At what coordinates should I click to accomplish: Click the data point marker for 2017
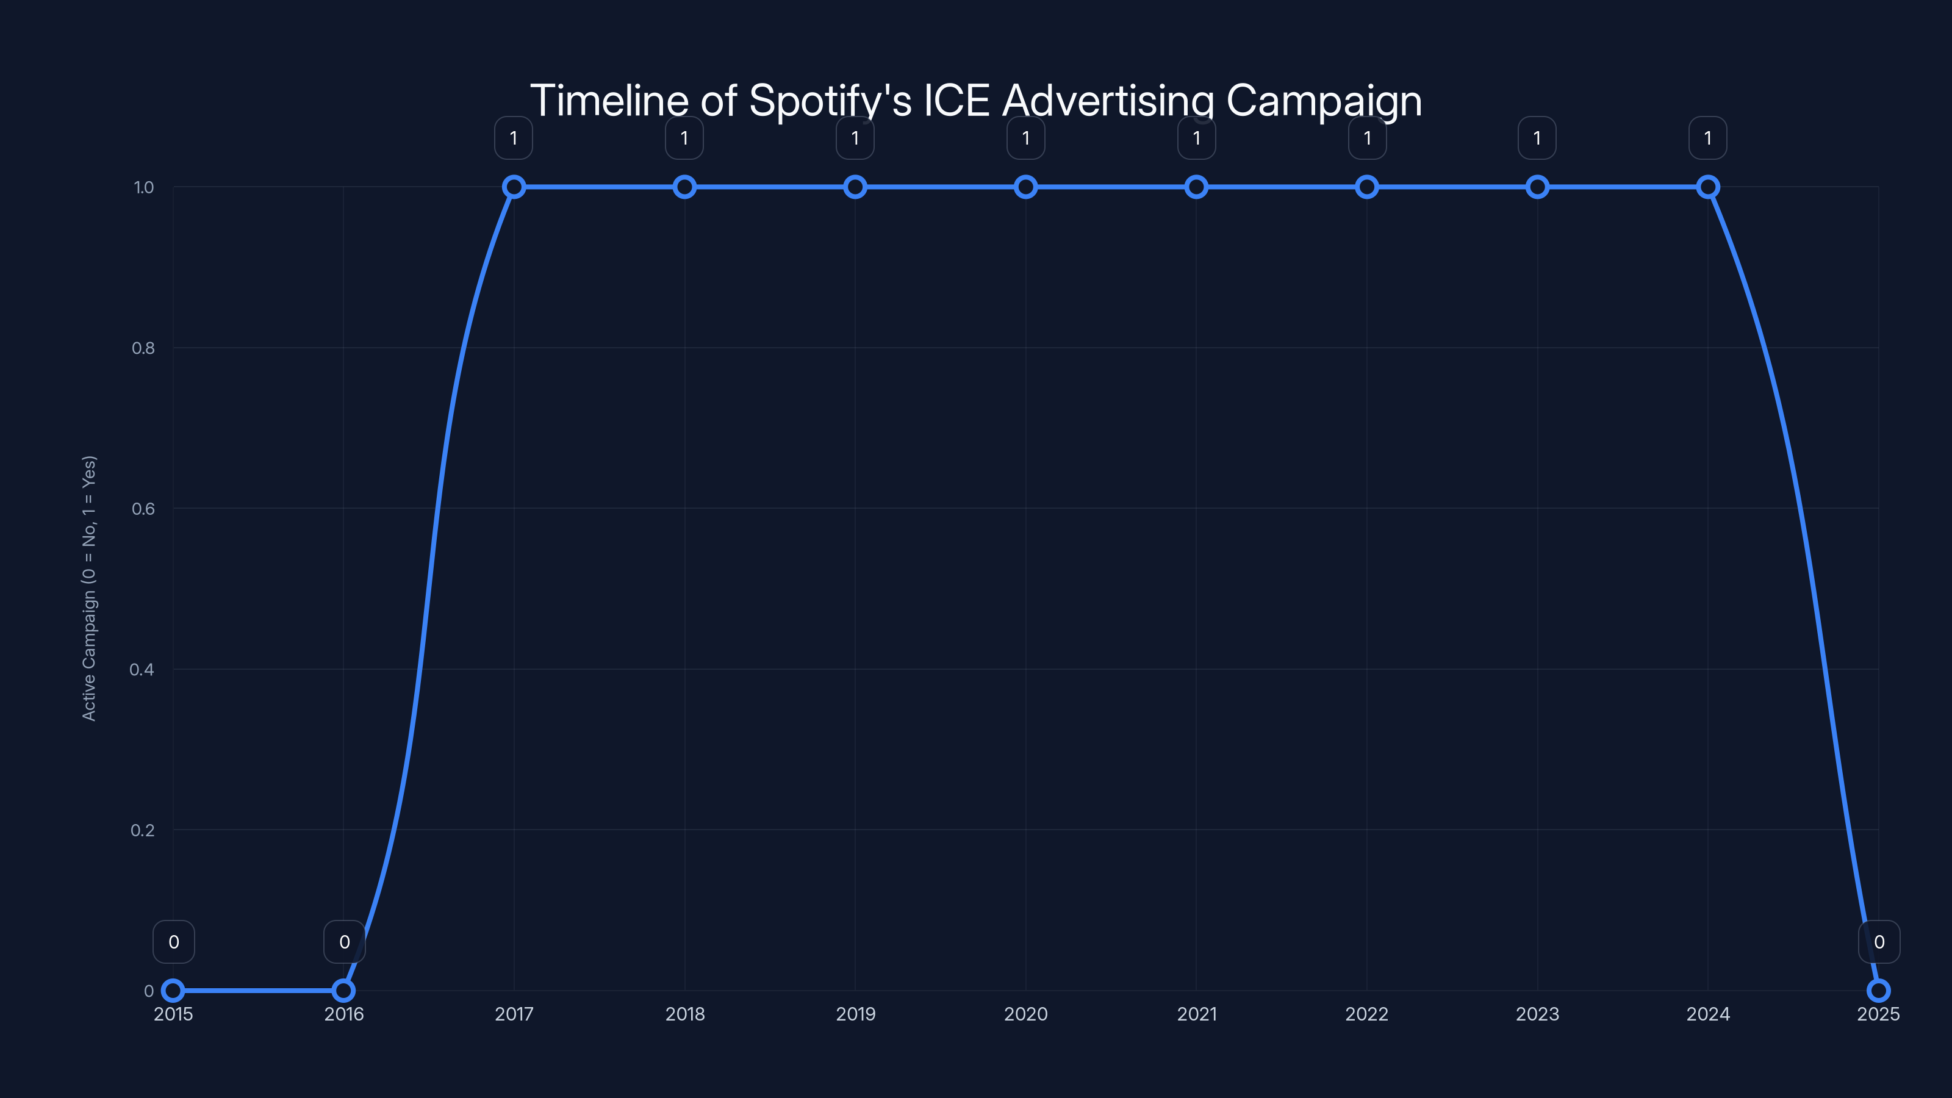514,187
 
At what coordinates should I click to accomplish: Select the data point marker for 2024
1707,187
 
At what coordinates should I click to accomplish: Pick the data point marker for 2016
343,991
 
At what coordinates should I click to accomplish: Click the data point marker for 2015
173,991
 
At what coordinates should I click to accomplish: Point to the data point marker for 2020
1025,187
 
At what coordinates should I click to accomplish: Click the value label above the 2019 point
855,138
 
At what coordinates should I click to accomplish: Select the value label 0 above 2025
1879,942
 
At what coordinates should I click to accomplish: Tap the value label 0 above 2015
173,942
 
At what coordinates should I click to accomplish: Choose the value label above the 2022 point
1367,138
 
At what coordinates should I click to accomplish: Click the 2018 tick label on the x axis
684,1014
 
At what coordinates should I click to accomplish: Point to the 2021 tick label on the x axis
1196,1014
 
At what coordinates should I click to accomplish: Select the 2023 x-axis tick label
1537,1014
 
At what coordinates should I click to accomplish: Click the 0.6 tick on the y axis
143,509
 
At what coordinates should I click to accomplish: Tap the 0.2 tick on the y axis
143,830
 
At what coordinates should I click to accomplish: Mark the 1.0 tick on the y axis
143,187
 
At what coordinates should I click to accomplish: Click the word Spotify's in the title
830,101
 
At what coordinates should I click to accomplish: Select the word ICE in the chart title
956,101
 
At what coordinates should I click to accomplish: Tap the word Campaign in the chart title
1324,101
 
